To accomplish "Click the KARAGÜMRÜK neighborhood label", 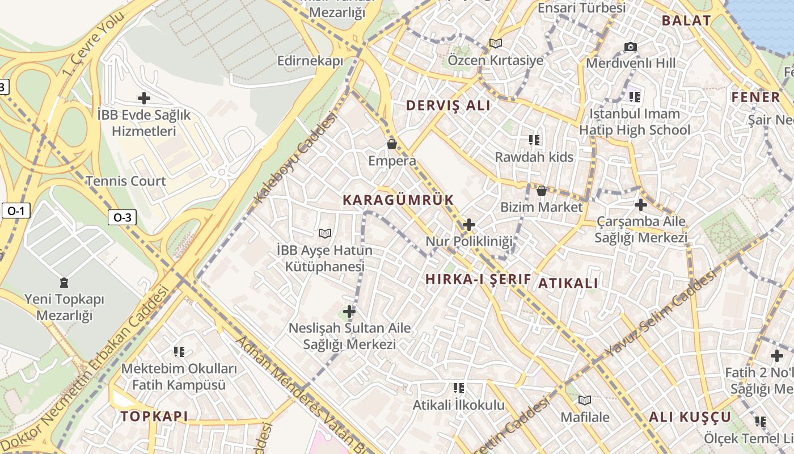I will [x=398, y=200].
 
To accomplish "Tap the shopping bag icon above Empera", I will [x=391, y=145].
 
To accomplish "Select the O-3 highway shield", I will [x=123, y=217].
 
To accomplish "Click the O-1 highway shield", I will [x=15, y=211].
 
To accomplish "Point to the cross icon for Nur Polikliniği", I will [x=468, y=225].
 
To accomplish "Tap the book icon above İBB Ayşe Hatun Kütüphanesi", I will [x=324, y=233].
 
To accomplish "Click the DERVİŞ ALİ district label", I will [x=448, y=106].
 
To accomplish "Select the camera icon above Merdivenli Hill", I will [x=630, y=47].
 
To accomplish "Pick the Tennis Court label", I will [x=125, y=182].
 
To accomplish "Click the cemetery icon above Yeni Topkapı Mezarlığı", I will [x=64, y=282].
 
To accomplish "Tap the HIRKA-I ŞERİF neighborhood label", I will [x=478, y=279].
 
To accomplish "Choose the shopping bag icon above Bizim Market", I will [x=542, y=191].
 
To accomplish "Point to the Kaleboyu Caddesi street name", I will [x=295, y=158].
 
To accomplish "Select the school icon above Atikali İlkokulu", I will [x=458, y=388].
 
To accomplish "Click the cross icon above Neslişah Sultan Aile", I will [x=349, y=311].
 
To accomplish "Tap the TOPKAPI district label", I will [x=154, y=417].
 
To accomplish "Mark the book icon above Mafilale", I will [x=584, y=400].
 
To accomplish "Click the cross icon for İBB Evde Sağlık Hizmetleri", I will [x=144, y=98].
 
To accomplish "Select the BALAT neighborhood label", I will [x=686, y=21].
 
